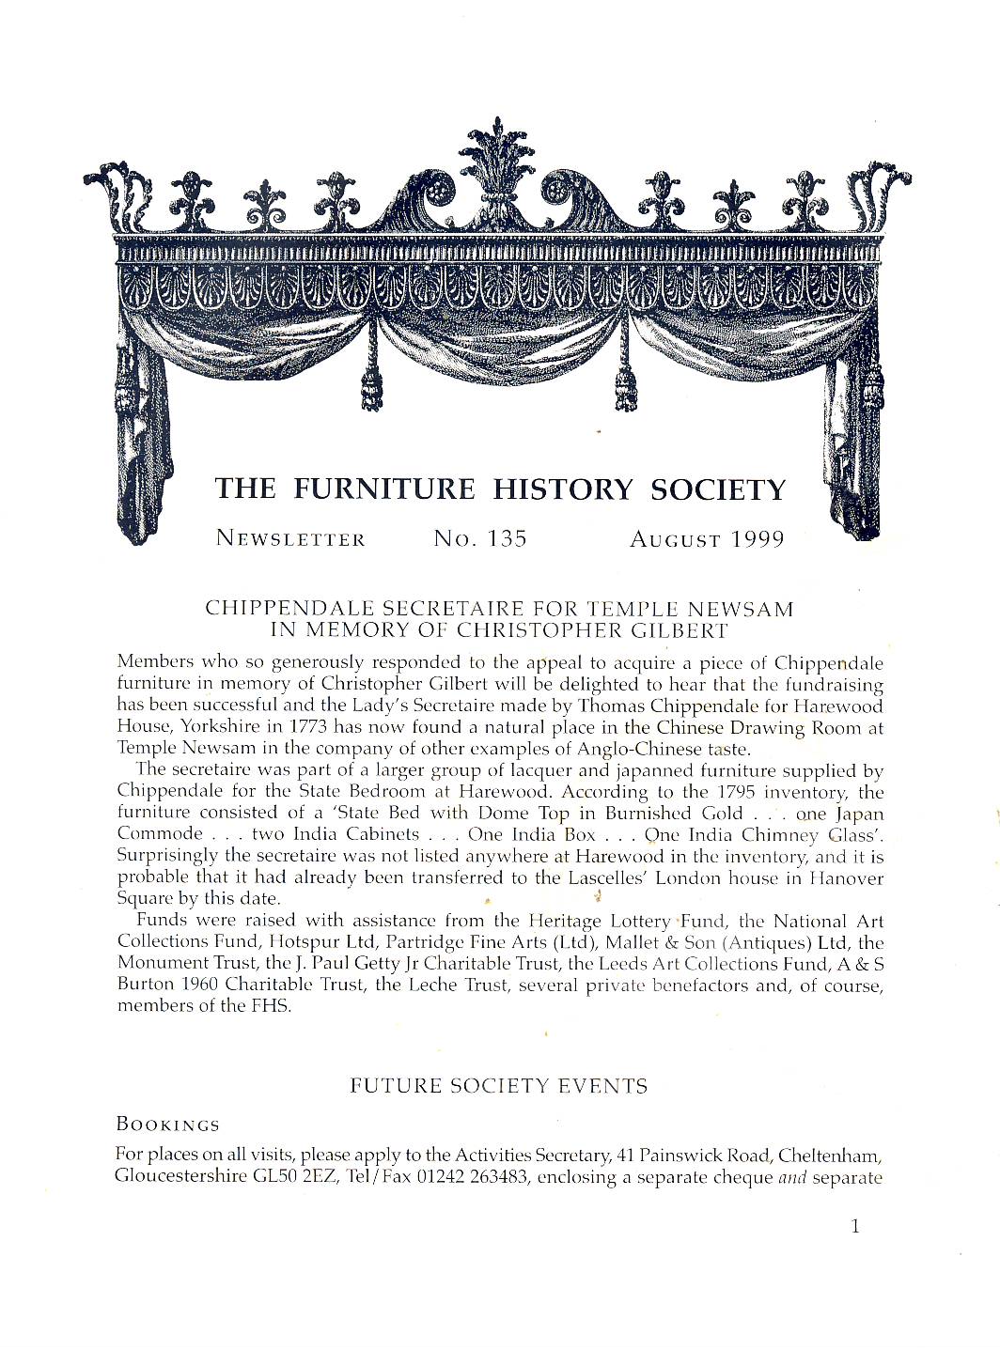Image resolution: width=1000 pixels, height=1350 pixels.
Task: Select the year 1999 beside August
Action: [758, 539]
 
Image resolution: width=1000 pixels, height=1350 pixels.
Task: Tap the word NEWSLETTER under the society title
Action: [290, 539]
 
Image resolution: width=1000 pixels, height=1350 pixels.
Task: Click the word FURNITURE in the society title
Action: [383, 489]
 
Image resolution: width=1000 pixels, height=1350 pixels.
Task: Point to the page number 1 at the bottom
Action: [854, 1226]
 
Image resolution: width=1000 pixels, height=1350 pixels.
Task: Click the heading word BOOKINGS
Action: [167, 1125]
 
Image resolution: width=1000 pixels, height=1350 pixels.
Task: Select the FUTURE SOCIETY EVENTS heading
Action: [498, 1087]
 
